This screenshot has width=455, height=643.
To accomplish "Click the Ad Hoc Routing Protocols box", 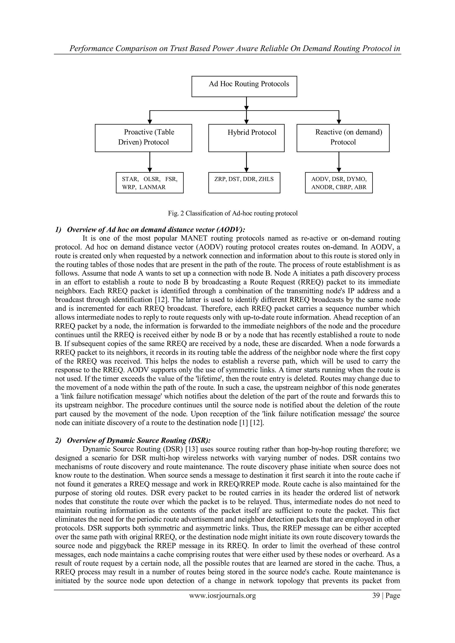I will pos(244,86).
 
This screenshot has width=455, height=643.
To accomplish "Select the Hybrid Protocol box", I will pos(246,138).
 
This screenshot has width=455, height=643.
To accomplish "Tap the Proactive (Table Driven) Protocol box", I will pos(144,138).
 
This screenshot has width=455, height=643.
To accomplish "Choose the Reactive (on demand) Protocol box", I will pos(343,138).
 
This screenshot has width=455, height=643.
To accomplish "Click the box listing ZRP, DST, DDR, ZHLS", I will pos(244,183).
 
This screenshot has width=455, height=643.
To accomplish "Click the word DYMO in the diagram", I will pos(356,179).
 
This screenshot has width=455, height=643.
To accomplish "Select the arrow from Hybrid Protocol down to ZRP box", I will pos(246,162).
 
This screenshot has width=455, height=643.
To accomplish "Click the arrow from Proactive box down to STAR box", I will pos(150,162).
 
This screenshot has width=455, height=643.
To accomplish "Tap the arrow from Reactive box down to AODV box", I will pos(339,162).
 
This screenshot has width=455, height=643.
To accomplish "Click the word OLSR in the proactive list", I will pos(152,179).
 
